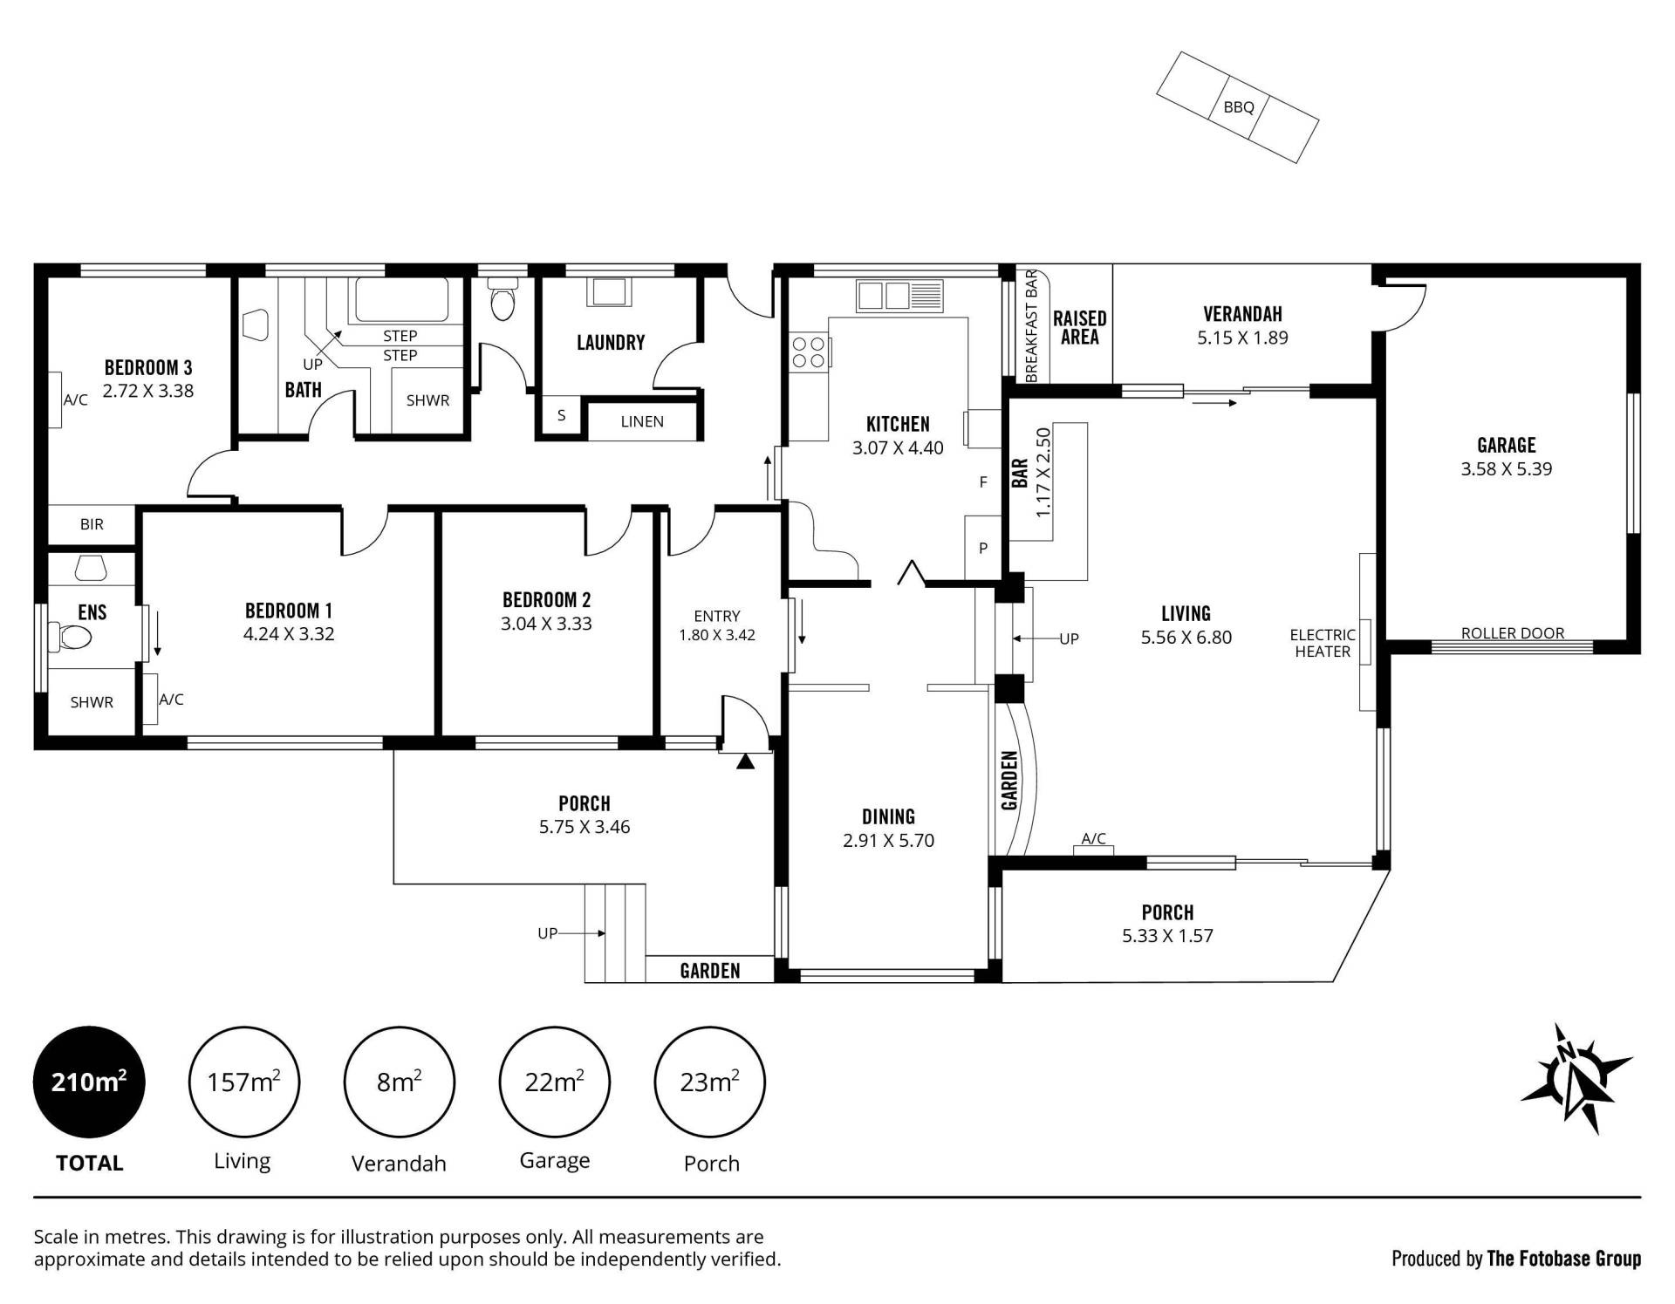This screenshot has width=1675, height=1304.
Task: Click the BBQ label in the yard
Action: coord(1238,107)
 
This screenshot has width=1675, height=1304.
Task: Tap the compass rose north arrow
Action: coord(1576,1078)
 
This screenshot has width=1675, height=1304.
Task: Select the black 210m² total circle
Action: coord(89,1082)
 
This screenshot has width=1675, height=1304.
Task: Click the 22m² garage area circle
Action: coord(554,1082)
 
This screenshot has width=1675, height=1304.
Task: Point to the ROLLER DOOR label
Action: coord(1513,633)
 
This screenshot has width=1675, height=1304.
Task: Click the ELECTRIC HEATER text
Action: coord(1323,643)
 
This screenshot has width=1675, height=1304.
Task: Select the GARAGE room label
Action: coord(1507,445)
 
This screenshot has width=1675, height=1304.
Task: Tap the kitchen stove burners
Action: coord(808,352)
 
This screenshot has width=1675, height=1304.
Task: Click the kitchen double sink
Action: coord(899,296)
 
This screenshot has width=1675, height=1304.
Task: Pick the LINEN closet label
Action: coord(642,421)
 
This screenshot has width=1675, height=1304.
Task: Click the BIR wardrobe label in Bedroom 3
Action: coord(92,524)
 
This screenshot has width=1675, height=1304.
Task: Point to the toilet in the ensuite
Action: coord(70,637)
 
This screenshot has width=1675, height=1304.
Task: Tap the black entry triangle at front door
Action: coord(745,761)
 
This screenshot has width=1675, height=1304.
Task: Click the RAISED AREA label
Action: coord(1079,328)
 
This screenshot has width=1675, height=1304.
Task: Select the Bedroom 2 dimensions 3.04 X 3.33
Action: coord(546,624)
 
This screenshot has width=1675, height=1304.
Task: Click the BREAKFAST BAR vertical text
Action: coord(1030,325)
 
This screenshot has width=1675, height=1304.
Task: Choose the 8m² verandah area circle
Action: coord(400,1082)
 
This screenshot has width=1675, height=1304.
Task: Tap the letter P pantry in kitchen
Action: coord(983,548)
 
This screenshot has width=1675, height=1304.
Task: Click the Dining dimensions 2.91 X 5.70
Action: coord(888,841)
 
